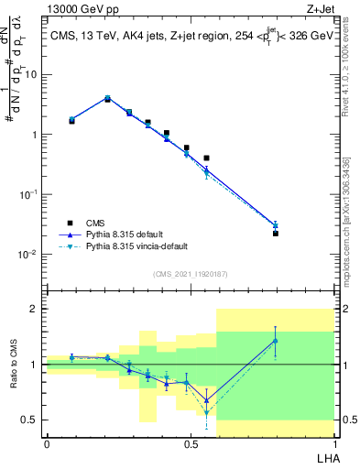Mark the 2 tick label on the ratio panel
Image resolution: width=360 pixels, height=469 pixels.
click(x=37, y=309)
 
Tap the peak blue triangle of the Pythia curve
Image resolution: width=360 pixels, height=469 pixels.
click(x=107, y=98)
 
